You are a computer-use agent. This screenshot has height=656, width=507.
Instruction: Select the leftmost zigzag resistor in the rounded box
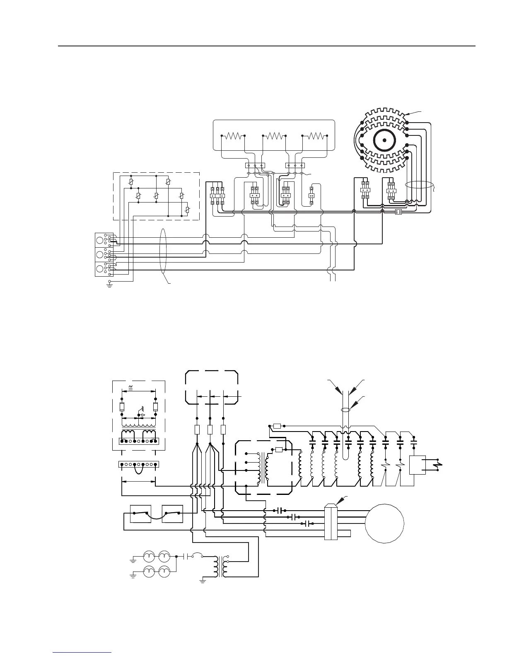234,135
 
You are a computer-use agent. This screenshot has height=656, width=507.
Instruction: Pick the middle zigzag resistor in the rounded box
275,135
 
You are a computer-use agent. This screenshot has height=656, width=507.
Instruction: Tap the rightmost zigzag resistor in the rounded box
315,135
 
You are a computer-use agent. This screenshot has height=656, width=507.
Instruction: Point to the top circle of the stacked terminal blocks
100,239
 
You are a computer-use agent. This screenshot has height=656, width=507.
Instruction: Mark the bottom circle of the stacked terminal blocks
100,269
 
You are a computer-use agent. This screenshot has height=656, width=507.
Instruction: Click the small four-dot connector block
399,212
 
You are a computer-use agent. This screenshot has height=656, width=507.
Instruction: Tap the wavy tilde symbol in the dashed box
131,387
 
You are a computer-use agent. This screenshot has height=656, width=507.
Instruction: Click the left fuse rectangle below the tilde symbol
122,406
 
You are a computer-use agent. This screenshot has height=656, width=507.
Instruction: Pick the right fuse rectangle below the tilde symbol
155,406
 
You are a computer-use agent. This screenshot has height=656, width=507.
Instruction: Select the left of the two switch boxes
140,514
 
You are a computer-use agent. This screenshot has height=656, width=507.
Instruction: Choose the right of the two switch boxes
172,514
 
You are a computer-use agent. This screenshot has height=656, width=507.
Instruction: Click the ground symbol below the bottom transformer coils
203,581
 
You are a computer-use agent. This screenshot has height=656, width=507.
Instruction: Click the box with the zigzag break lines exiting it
417,465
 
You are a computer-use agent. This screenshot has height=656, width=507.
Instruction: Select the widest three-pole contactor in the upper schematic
217,195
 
